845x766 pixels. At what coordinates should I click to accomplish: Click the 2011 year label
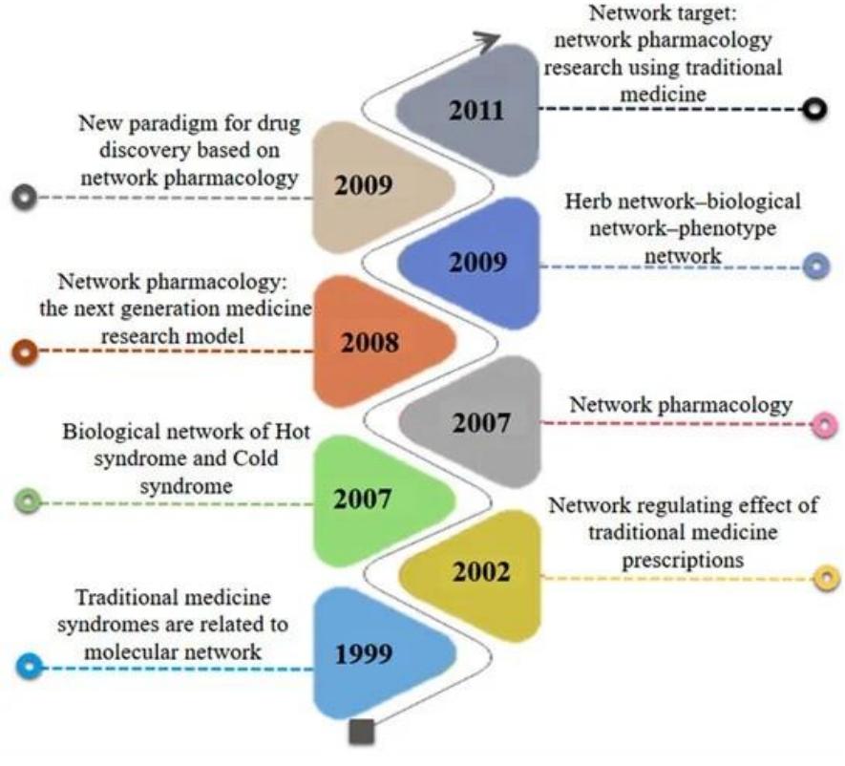point(476,110)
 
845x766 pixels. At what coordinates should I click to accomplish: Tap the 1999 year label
point(363,654)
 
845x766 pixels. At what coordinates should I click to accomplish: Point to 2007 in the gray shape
point(482,421)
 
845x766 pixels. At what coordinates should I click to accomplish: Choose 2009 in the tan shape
point(364,184)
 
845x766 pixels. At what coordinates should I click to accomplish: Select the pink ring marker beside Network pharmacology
point(823,426)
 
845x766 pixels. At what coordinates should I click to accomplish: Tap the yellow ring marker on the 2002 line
point(826,577)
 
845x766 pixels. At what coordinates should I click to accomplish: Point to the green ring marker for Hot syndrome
point(29,500)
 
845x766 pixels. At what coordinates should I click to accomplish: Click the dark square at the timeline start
point(362,733)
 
